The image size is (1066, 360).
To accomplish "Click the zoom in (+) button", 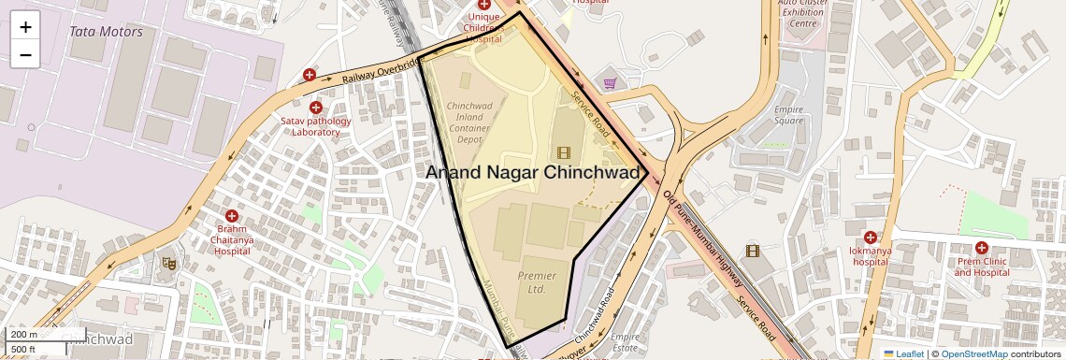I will click(25, 26).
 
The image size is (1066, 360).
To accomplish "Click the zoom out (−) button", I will click(25, 54).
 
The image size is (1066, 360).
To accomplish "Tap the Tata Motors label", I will click(106, 32).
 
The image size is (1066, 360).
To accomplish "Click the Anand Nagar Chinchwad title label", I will click(537, 173).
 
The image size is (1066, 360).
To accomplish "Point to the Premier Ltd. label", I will click(537, 282).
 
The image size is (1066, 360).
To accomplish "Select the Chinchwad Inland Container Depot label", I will click(478, 122).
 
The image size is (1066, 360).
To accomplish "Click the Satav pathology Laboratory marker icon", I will click(316, 108).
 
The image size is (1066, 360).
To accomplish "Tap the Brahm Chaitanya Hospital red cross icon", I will click(231, 216).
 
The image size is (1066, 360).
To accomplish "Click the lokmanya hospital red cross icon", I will click(871, 238).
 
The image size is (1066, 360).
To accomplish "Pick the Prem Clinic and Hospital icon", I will click(981, 248).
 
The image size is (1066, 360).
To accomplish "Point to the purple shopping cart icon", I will click(610, 83).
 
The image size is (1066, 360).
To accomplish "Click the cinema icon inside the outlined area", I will click(563, 151).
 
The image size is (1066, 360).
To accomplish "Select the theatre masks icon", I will click(168, 264).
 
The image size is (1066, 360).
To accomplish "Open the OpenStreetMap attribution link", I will click(973, 353).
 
